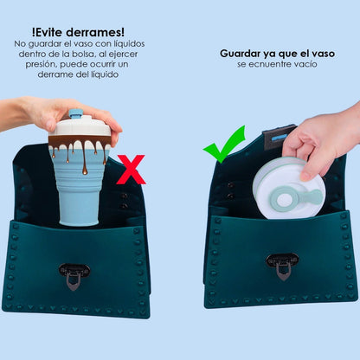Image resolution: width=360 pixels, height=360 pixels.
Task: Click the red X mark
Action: [x=131, y=170]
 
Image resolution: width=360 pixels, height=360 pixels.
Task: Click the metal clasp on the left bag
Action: [x=74, y=273]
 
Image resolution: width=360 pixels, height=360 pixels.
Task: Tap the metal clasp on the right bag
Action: [x=282, y=263]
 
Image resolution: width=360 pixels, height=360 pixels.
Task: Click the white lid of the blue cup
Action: [x=81, y=127]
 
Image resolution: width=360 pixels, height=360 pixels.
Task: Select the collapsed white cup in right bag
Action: [x=287, y=188]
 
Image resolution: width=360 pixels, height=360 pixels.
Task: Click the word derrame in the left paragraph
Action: [x=41, y=74]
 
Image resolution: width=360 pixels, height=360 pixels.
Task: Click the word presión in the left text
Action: [x=30, y=64]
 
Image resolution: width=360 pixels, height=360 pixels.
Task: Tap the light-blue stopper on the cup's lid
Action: [x=75, y=113]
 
